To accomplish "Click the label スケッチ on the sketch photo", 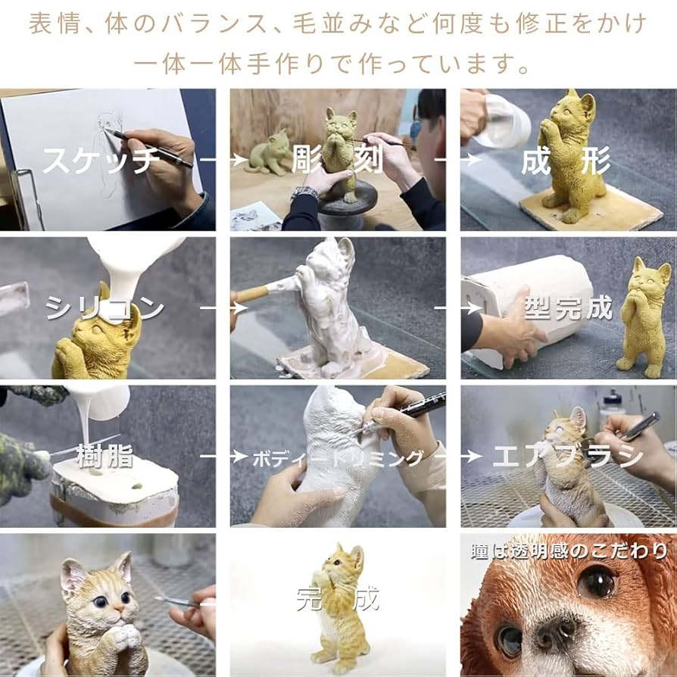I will pos(100,159).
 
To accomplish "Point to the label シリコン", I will pos(105,307).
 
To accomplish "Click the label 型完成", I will pos(568,307).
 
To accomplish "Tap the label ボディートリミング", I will pos(337,457).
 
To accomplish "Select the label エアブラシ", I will pos(568,456).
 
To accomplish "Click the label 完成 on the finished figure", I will pos(337,599).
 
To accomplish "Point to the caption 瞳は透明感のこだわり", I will pos(569,550).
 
